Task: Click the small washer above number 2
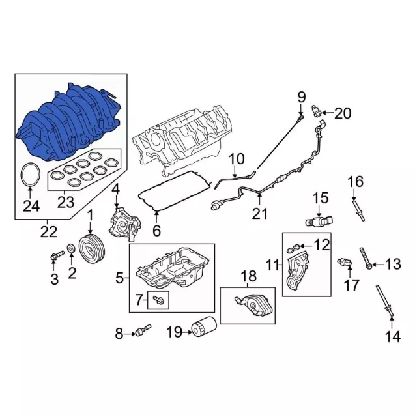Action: tap(71, 248)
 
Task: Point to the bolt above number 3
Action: tap(57, 255)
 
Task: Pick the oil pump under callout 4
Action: tap(124, 225)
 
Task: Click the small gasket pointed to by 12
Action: tap(294, 248)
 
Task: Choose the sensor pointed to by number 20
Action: tap(317, 111)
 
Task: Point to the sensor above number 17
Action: tap(345, 262)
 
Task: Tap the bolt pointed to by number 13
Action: tap(366, 258)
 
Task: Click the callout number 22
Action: tap(49, 232)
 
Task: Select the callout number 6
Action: tap(156, 230)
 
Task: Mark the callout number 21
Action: tap(260, 213)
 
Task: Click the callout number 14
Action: tap(393, 337)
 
